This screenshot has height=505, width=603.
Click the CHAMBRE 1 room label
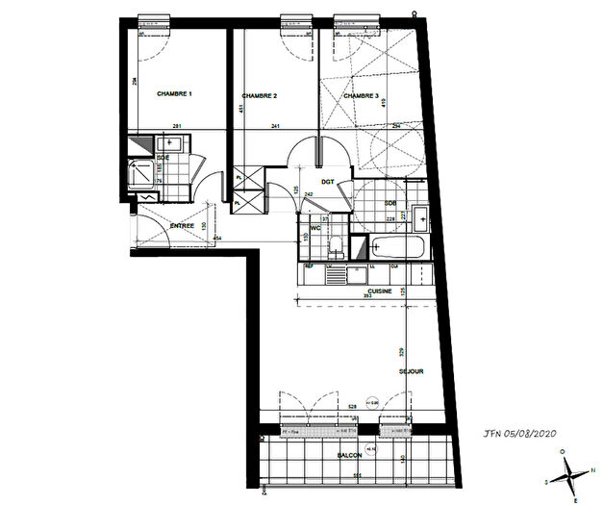(175, 94)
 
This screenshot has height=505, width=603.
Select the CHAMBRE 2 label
(260, 96)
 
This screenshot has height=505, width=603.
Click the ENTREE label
(183, 226)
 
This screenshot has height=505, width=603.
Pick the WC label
(314, 228)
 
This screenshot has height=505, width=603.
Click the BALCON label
(349, 456)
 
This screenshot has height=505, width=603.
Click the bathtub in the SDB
(395, 248)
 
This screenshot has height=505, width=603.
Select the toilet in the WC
(335, 246)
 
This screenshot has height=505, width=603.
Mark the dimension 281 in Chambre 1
(177, 127)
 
